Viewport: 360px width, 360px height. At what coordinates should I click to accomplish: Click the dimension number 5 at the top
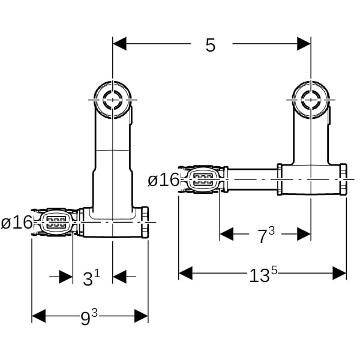click(x=211, y=45)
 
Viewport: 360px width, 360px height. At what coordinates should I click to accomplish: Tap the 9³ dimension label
click(x=89, y=317)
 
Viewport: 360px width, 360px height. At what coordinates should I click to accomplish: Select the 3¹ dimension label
click(x=91, y=277)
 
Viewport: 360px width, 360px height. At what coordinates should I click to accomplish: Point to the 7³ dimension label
click(x=266, y=235)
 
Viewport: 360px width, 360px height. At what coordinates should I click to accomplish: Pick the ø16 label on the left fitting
click(x=16, y=222)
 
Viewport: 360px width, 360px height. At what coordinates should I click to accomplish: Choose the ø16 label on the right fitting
click(x=163, y=179)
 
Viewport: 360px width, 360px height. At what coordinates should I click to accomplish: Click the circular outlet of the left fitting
click(x=113, y=100)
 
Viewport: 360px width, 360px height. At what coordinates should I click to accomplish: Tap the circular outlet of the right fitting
click(x=311, y=100)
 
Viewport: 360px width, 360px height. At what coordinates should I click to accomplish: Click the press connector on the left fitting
click(x=55, y=222)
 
